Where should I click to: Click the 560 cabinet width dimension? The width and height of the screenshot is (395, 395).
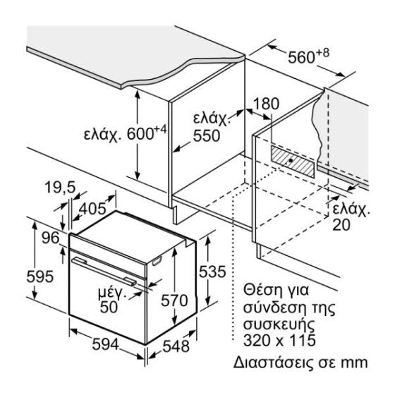pos(301,57)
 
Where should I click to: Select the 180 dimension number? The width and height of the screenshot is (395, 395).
pos(266,104)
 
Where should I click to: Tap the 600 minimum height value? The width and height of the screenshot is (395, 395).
pos(140,134)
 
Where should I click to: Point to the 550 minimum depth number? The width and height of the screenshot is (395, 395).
pos(207,136)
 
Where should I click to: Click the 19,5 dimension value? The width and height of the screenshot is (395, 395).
pos(60,188)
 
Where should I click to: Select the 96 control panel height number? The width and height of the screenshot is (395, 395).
pos(50,238)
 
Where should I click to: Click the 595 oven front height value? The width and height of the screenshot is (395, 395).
pos(40,276)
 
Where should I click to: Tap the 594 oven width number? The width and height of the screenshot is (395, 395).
pos(105,344)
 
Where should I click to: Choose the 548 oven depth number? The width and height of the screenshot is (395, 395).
pos(176,346)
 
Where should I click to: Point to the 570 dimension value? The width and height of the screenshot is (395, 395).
pos(174,300)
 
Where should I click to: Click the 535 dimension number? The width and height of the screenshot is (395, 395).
pos(212,272)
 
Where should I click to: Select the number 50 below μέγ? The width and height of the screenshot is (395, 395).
pos(109,307)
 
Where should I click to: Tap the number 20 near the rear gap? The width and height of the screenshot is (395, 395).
pos(341,225)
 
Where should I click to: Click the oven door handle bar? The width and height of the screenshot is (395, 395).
pos(104,272)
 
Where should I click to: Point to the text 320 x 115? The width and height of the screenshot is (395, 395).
pos(279,340)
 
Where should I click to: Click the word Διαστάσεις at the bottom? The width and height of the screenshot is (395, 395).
pos(274,363)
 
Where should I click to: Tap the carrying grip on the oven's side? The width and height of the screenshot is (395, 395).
pos(157,261)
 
